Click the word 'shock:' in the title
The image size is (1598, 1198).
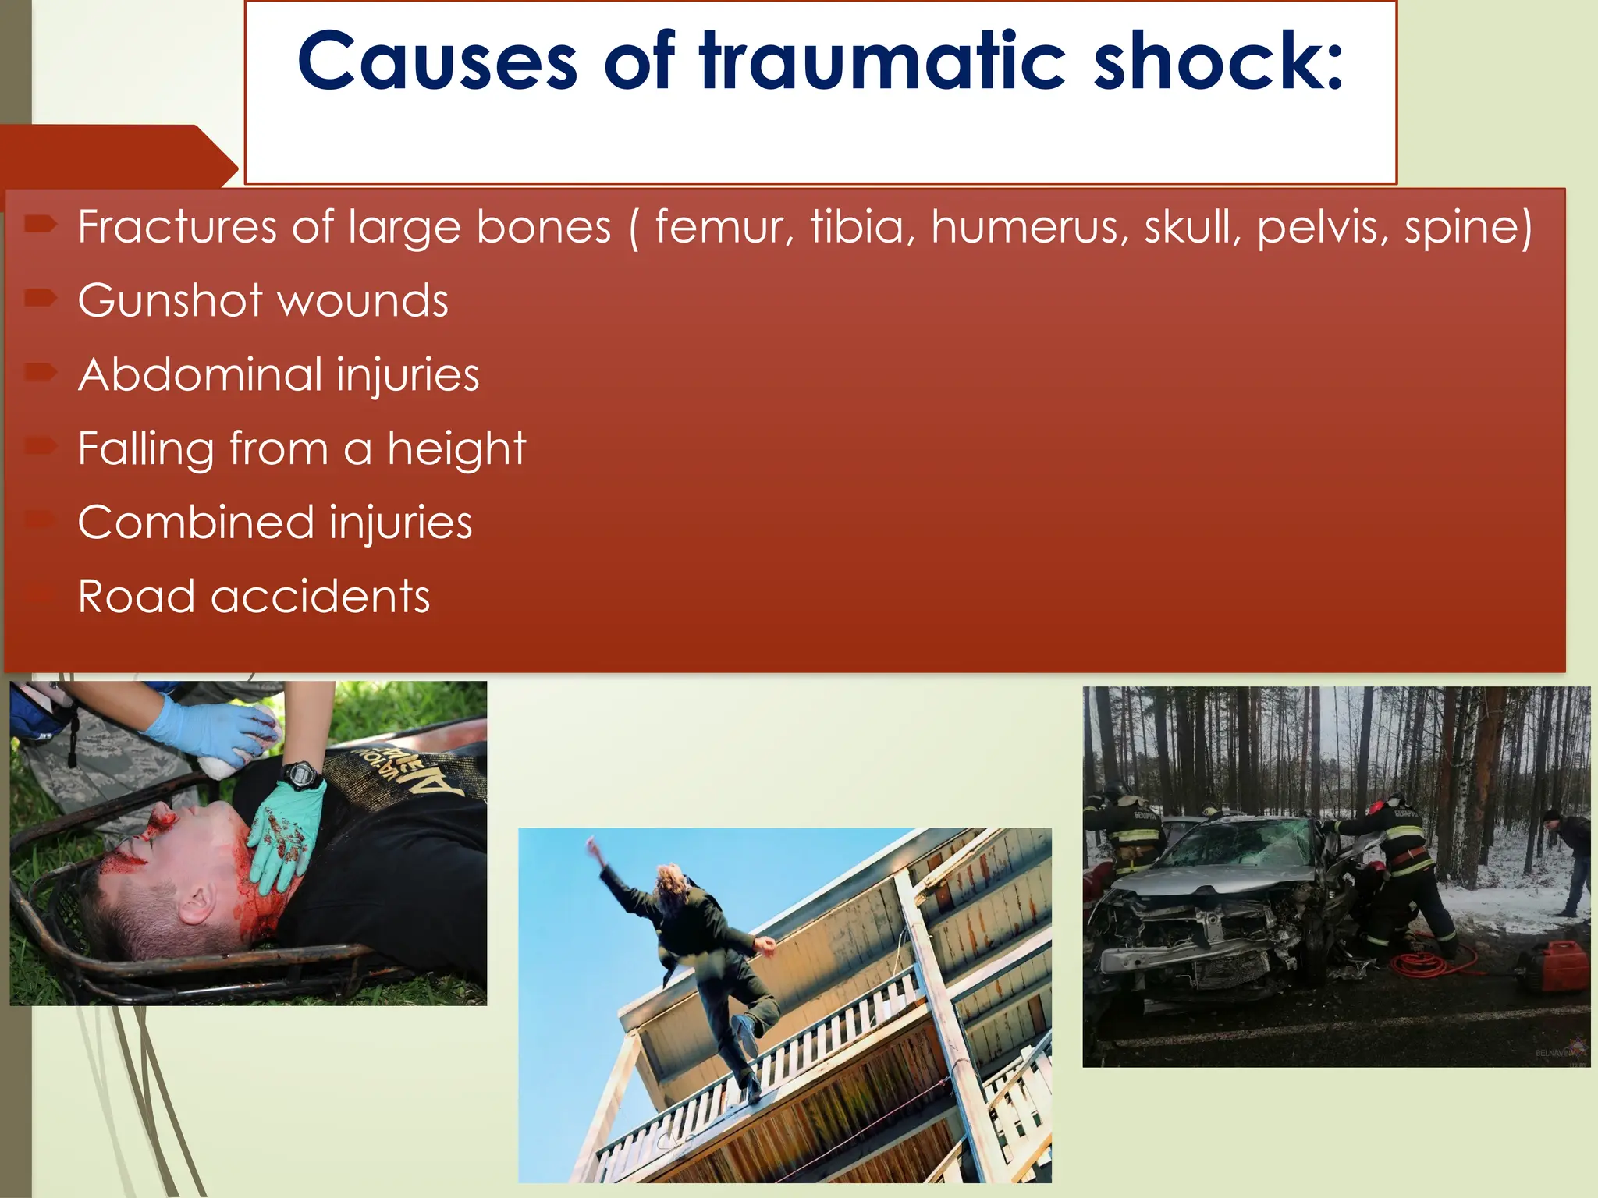click(x=1219, y=61)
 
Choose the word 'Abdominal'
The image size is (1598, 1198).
click(x=201, y=374)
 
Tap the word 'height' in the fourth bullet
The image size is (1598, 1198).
click(x=456, y=449)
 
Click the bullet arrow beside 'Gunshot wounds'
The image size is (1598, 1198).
click(x=41, y=297)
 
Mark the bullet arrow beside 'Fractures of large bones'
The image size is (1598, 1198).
click(x=41, y=225)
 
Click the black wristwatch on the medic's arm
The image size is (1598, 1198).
click(x=301, y=775)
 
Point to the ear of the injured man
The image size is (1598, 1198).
click(x=195, y=905)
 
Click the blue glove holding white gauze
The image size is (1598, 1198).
click(x=207, y=733)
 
